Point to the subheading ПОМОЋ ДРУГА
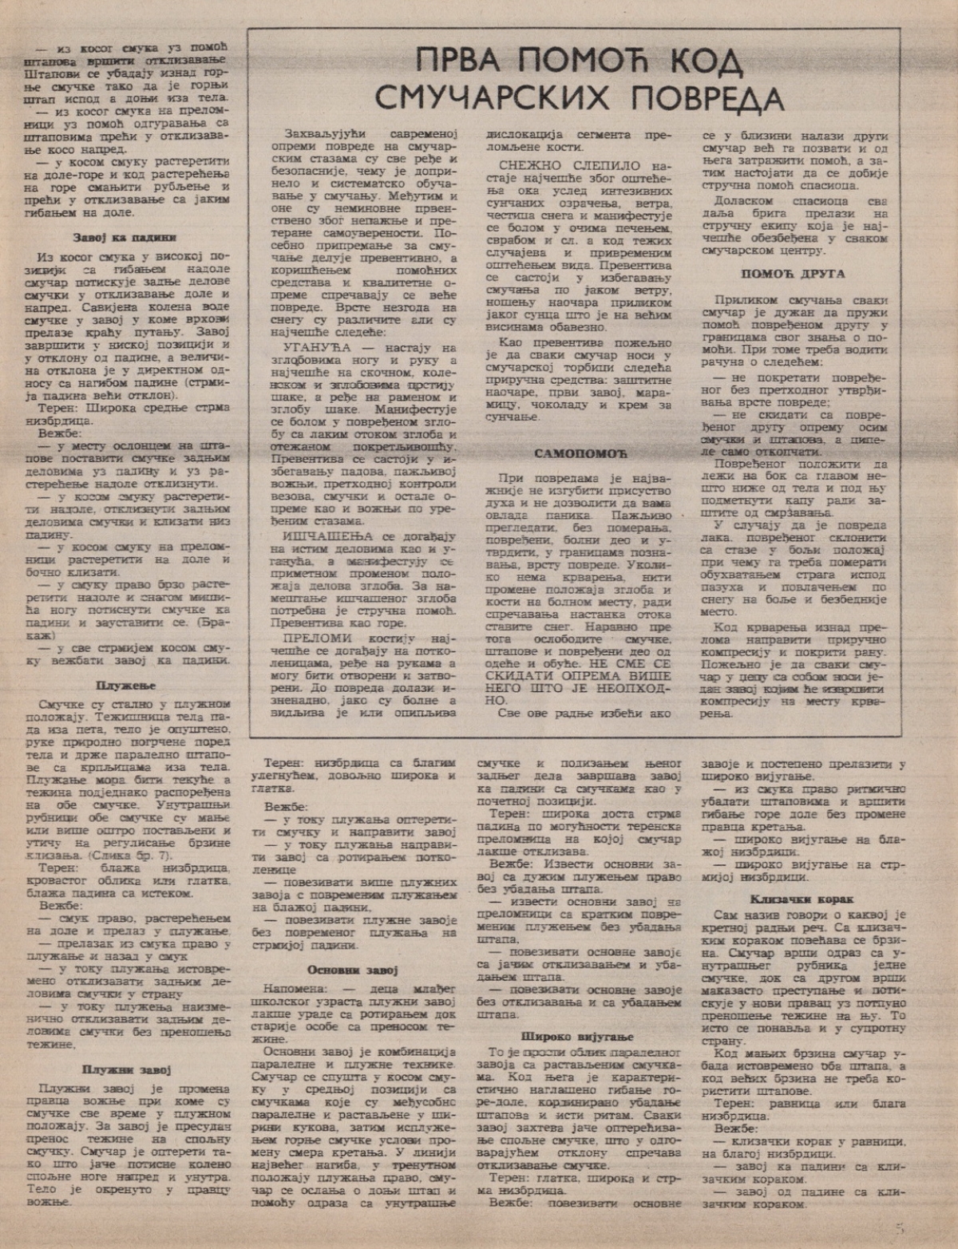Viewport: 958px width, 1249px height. tap(794, 274)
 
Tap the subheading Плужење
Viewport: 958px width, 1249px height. tap(125, 685)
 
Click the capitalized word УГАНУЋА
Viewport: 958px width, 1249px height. tap(309, 348)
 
